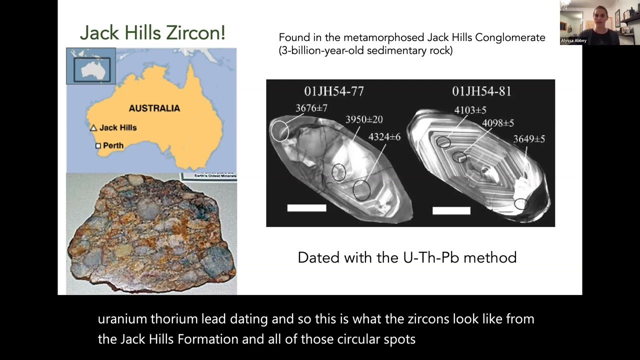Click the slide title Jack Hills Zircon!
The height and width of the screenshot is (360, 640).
[152, 33]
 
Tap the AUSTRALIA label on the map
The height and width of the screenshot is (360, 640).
[154, 108]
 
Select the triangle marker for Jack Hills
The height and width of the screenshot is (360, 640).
[93, 128]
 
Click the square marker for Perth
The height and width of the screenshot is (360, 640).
[98, 146]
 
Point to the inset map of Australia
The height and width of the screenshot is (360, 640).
[91, 66]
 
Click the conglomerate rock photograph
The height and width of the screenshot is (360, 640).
[151, 234]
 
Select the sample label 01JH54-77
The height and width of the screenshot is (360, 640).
[334, 91]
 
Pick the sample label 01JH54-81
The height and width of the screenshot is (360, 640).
[481, 91]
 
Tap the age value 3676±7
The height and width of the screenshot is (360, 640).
[311, 107]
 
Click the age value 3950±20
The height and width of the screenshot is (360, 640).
[364, 119]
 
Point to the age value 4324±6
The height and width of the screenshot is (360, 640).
[384, 136]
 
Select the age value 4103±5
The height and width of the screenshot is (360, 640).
[470, 110]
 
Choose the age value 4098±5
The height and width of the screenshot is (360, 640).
[497, 123]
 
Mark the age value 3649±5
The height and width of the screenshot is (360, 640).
[529, 139]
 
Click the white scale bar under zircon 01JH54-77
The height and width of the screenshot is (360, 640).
[306, 208]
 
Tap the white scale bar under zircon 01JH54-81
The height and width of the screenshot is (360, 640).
[451, 210]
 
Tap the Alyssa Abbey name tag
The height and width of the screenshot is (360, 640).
[573, 40]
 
